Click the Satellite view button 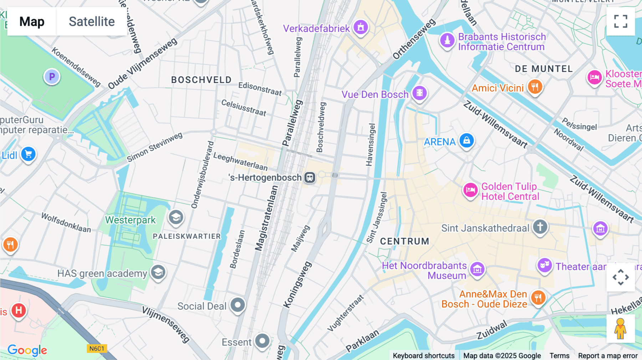click(92, 21)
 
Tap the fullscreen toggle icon click(621, 21)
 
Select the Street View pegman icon click(620, 329)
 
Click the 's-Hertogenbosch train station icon click(310, 177)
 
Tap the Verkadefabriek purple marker click(361, 27)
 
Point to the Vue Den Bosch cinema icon click(419, 93)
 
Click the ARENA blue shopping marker click(467, 140)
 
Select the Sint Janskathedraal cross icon click(540, 227)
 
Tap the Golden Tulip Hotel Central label click(510, 191)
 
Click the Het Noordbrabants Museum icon click(477, 269)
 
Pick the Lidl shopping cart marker click(29, 154)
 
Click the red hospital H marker click(19, 310)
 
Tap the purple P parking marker click(52, 77)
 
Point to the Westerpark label click(130, 220)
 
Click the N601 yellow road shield click(97, 349)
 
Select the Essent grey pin click(263, 341)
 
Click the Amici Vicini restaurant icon click(535, 86)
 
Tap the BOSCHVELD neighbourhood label click(201, 80)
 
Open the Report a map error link click(608, 355)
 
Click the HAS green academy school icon click(158, 273)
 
